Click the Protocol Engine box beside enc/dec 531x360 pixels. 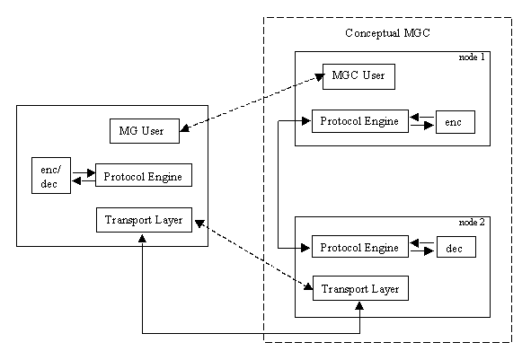point(143,176)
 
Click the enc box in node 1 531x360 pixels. point(454,121)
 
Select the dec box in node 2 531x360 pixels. point(455,247)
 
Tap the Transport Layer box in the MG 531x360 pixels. point(144,220)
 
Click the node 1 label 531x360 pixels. point(472,57)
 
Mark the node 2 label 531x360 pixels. point(472,221)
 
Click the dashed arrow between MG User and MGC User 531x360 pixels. point(252,104)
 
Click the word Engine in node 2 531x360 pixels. point(382,247)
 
